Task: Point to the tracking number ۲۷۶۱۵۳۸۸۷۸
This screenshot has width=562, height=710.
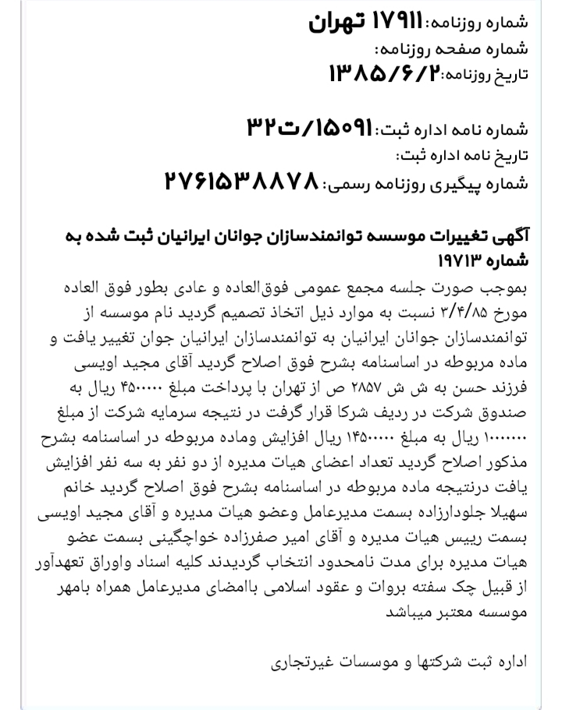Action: (241, 182)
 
